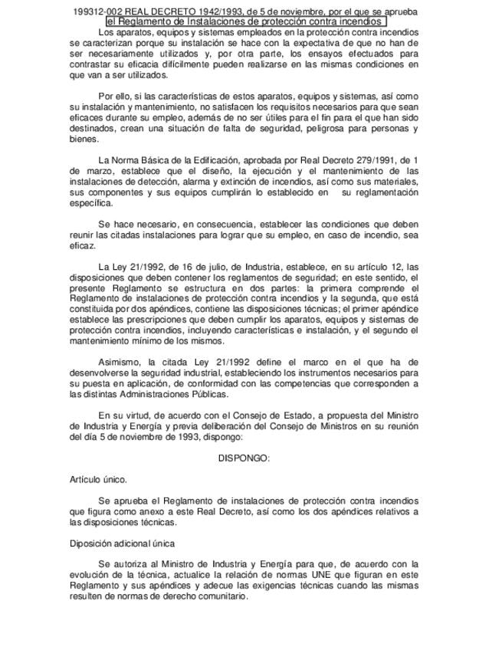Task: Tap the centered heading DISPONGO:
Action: (x=244, y=458)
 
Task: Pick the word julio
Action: (x=195, y=267)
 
